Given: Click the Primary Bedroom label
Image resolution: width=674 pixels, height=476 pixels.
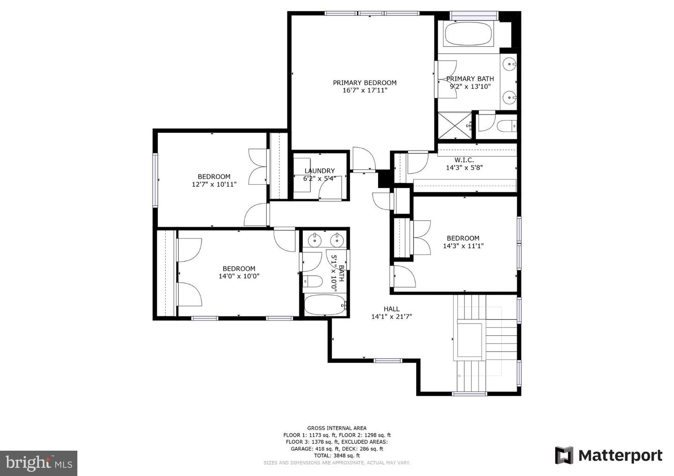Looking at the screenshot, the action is click(x=364, y=83).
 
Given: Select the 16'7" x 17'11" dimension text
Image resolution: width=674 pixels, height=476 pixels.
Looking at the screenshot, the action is click(x=365, y=90).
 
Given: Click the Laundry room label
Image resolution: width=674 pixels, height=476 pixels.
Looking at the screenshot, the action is click(x=320, y=171).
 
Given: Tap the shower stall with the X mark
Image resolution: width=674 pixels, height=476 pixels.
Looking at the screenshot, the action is click(x=454, y=126).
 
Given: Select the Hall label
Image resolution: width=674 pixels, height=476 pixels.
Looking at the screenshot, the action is click(x=391, y=309).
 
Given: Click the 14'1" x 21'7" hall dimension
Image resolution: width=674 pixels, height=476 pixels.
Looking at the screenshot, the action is click(x=391, y=317).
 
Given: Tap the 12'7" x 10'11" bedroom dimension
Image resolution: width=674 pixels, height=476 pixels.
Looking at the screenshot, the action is click(x=214, y=184).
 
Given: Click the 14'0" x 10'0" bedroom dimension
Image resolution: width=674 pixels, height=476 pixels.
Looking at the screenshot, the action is click(x=239, y=276).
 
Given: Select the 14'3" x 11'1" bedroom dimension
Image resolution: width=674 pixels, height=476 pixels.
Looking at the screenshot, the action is click(x=463, y=246).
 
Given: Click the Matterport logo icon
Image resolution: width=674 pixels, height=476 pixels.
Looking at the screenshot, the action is click(x=564, y=455).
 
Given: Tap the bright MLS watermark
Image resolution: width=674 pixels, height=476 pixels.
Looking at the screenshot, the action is click(x=39, y=463).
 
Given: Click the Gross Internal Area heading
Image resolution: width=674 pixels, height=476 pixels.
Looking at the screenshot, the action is click(x=337, y=428).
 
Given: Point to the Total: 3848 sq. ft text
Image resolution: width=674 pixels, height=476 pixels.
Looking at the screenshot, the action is click(x=337, y=455).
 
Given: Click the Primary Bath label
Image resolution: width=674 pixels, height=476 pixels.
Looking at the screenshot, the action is click(x=470, y=79).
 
